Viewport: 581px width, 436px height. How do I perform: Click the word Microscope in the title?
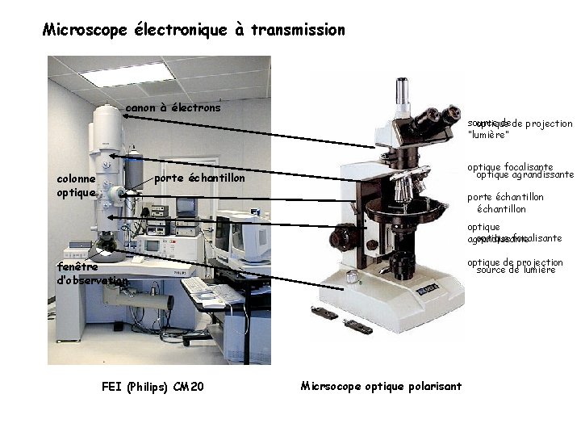(x=80, y=31)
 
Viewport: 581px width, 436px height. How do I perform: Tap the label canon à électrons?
(x=173, y=107)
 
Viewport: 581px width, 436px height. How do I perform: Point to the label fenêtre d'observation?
(x=90, y=273)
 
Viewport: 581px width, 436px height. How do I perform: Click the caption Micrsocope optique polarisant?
(x=381, y=386)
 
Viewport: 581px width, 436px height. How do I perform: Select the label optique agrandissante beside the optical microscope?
(x=525, y=174)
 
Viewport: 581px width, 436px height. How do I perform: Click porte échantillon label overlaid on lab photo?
(x=199, y=178)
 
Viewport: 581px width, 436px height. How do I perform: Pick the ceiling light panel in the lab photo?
(x=127, y=73)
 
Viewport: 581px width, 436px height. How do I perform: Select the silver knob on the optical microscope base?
(x=351, y=277)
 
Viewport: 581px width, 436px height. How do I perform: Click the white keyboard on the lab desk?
(x=196, y=286)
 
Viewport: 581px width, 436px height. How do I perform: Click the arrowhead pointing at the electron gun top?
(x=126, y=115)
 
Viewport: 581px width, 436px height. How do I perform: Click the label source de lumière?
(x=516, y=270)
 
